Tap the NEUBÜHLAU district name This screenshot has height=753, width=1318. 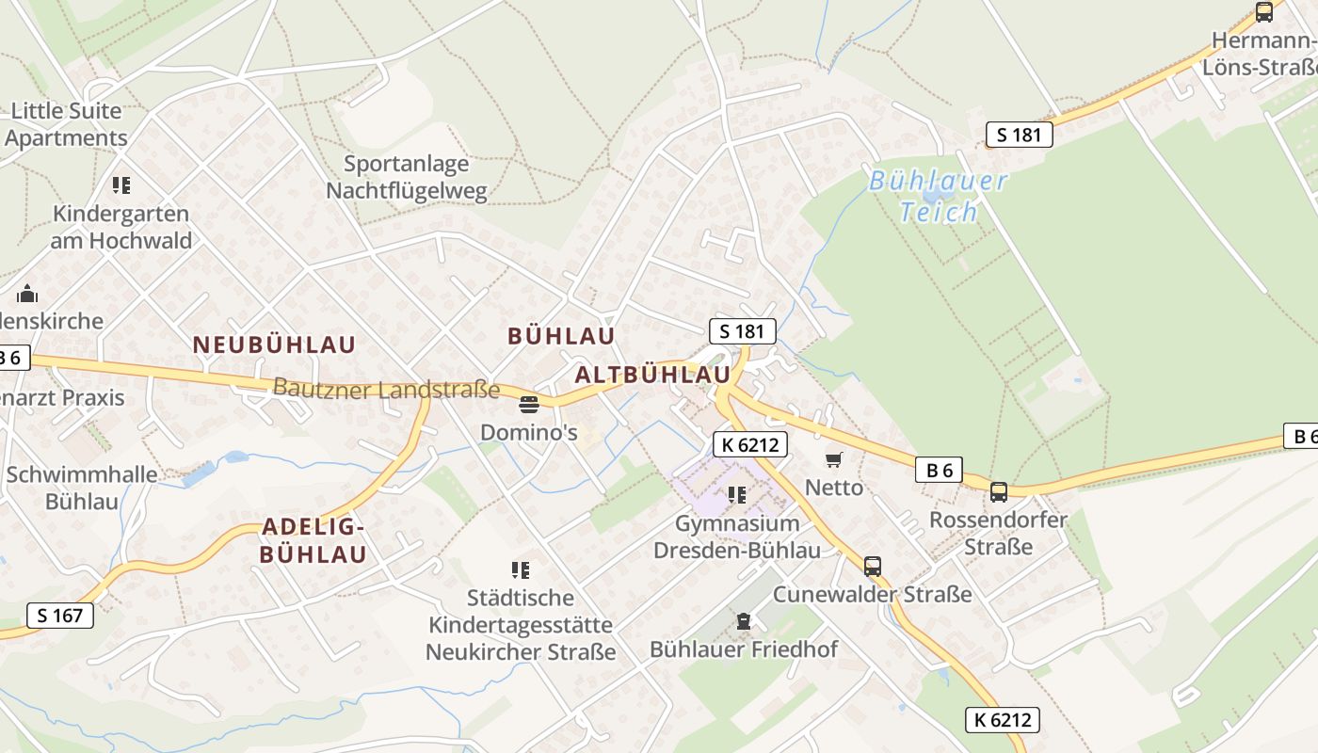274,344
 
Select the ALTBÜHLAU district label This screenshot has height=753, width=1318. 652,375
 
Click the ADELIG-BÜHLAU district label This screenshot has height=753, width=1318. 313,540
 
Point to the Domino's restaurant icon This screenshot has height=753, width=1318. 528,406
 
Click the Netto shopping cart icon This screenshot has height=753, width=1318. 833,459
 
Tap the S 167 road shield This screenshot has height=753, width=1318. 60,616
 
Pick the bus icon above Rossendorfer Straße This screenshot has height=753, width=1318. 998,491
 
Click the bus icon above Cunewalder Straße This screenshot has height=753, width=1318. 873,567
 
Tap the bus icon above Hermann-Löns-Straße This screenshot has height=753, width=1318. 1264,12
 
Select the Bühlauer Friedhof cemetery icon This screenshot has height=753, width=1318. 744,621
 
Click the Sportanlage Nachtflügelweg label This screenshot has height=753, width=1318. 407,178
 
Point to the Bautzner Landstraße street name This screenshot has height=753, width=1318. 386,388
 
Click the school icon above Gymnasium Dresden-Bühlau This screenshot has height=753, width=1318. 737,494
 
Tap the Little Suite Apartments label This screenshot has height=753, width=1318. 66,124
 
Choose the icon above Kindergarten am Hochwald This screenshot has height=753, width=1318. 121,184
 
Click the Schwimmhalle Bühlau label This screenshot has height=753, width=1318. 82,487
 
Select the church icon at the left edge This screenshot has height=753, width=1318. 27,294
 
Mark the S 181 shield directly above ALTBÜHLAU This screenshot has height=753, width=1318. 742,331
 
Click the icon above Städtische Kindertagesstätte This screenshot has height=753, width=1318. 521,569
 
